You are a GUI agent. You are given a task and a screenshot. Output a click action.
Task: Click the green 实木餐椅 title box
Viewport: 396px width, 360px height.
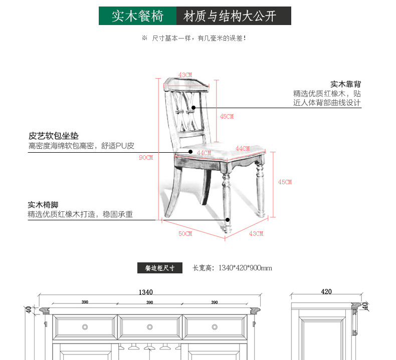pyautogui.click(x=137, y=16)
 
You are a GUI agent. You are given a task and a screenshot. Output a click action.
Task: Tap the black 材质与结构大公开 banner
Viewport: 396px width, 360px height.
pyautogui.click(x=234, y=16)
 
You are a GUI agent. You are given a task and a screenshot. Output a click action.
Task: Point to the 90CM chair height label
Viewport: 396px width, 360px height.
pyautogui.click(x=146, y=157)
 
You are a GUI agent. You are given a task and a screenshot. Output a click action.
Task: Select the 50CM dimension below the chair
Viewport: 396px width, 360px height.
pyautogui.click(x=185, y=233)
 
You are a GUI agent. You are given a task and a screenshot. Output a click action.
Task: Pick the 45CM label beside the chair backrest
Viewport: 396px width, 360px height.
pyautogui.click(x=227, y=116)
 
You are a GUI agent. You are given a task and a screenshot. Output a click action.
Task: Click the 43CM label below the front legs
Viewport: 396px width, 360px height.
pyautogui.click(x=256, y=233)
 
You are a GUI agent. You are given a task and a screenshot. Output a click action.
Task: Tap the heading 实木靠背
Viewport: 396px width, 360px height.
pyautogui.click(x=345, y=84)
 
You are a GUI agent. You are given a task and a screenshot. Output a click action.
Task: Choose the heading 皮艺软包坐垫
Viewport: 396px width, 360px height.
pyautogui.click(x=54, y=136)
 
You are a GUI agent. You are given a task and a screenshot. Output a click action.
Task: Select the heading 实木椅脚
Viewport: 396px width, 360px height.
pyautogui.click(x=43, y=205)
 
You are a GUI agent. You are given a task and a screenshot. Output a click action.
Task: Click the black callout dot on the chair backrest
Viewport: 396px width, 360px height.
pyautogui.click(x=193, y=107)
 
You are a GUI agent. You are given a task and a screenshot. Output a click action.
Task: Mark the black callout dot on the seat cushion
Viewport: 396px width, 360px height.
pyautogui.click(x=190, y=151)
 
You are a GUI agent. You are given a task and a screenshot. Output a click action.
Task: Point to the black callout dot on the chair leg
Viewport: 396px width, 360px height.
pyautogui.click(x=228, y=219)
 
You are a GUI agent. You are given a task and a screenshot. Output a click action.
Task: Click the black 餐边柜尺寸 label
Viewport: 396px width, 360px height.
pyautogui.click(x=160, y=268)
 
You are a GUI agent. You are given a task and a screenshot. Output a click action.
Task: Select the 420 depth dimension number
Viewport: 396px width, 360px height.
pyautogui.click(x=326, y=291)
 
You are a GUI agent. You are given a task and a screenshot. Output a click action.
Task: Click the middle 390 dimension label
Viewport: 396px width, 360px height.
pyautogui.click(x=149, y=302)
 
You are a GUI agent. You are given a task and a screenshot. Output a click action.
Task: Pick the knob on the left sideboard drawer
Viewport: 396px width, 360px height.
pyautogui.click(x=85, y=327)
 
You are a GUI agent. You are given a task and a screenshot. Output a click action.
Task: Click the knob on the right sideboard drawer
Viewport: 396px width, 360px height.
pyautogui.click(x=215, y=327)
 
